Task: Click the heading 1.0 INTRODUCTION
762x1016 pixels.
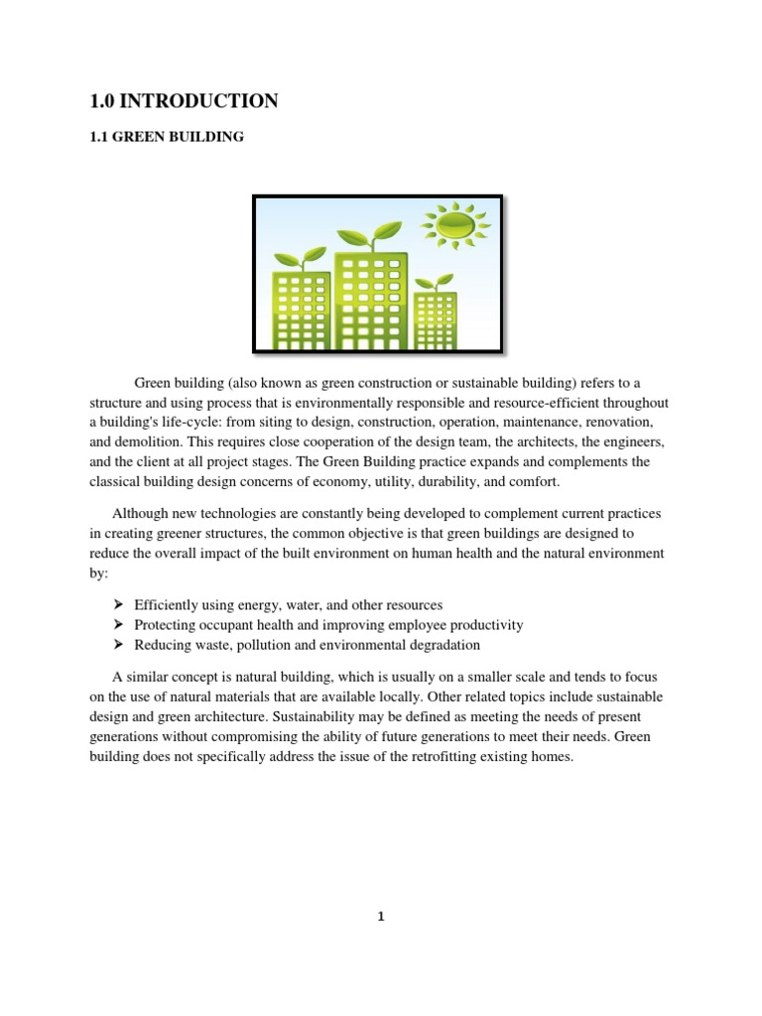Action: point(183,100)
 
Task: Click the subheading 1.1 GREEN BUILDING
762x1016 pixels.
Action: point(167,137)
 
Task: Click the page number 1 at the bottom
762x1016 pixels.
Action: point(380,917)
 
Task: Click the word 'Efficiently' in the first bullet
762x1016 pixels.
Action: point(166,605)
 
